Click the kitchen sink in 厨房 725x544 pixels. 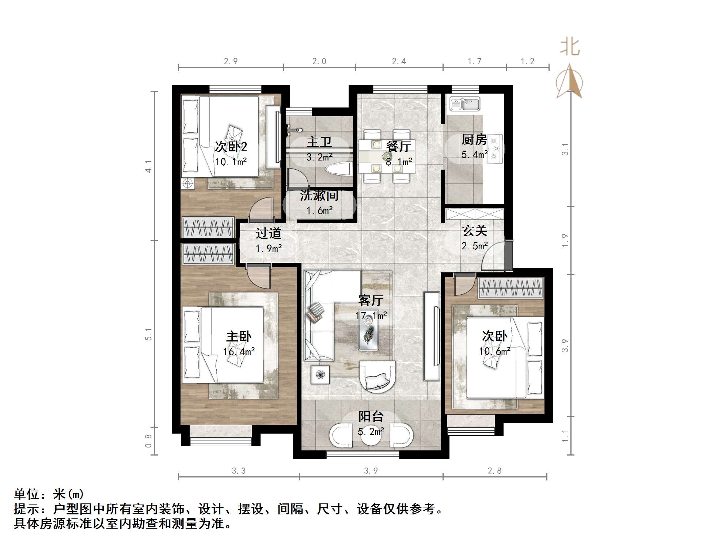pos(464,104)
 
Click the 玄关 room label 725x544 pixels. pos(475,231)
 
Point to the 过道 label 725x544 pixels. pos(268,233)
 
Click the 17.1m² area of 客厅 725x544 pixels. pos(371,315)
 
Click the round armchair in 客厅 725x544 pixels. pos(377,377)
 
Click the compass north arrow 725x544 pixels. pos(569,81)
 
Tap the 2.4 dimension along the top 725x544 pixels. pos(399,61)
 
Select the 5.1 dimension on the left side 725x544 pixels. pos(148,334)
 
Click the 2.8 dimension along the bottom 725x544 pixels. pos(494,471)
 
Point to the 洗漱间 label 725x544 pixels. pos(319,196)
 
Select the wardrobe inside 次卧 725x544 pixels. pos(510,287)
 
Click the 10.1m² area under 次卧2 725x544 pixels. pos(231,162)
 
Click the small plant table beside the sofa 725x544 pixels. pos(320,375)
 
